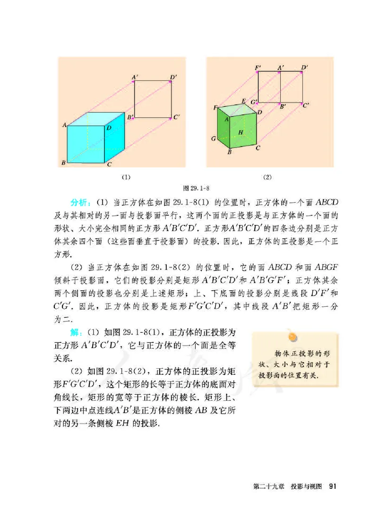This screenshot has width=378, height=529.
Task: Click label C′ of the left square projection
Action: click(x=176, y=116)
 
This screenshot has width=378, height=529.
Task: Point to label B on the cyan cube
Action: click(x=63, y=163)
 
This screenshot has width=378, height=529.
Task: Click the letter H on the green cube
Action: click(x=241, y=133)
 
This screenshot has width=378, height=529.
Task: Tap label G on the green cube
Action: click(x=214, y=139)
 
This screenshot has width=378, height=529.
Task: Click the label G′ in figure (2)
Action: click(x=254, y=102)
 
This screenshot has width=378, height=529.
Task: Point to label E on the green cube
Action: click(x=243, y=101)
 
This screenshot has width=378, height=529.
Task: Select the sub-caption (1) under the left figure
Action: click(x=125, y=177)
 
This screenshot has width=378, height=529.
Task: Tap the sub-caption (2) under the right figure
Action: click(x=267, y=177)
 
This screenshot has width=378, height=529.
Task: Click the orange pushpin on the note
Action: click(x=293, y=336)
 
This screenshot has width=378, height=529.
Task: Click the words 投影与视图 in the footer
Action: click(x=306, y=487)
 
